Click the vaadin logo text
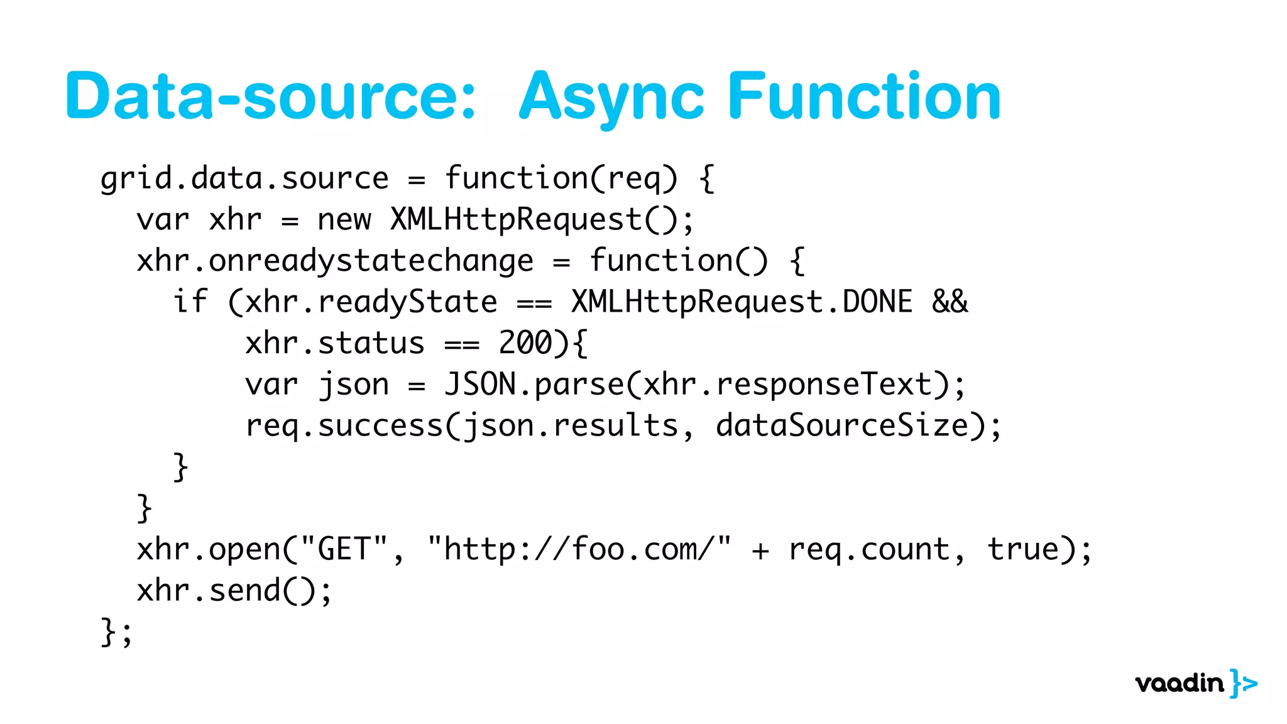click(x=1180, y=683)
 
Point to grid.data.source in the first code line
click(x=244, y=178)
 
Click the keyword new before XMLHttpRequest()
click(x=344, y=220)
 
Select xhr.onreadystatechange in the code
click(x=335, y=261)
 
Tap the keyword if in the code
click(x=190, y=302)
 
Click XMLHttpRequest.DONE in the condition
click(x=742, y=302)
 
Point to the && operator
click(x=950, y=302)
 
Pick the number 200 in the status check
click(x=525, y=343)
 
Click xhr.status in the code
click(x=335, y=343)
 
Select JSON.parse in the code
click(x=534, y=385)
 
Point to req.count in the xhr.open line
click(x=868, y=549)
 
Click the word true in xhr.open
click(x=1022, y=549)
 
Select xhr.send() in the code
click(x=226, y=591)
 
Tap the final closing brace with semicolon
click(x=117, y=632)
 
